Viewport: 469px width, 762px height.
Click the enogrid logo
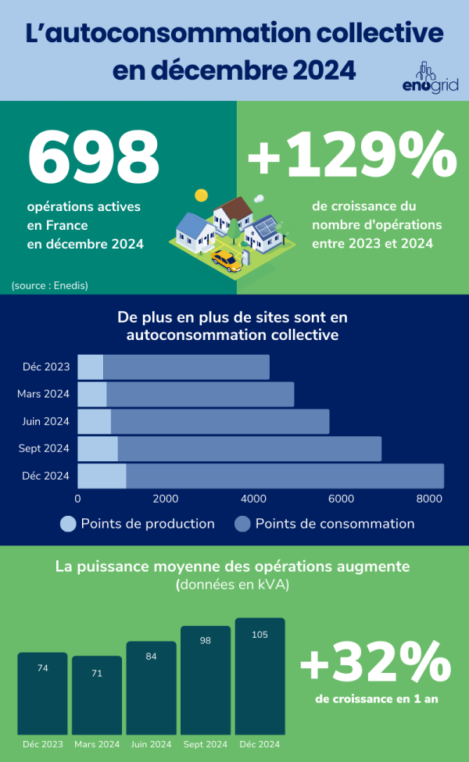coord(429,78)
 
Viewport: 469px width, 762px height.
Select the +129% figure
coord(352,157)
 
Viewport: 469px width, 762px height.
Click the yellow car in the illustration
coord(226,258)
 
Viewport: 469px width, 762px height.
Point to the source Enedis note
coord(50,285)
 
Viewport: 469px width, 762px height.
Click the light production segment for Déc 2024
coord(102,475)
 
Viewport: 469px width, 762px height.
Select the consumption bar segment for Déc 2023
coord(186,367)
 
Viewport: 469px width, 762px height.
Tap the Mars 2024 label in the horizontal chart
coord(44,394)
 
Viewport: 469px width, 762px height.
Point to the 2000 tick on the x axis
coord(166,499)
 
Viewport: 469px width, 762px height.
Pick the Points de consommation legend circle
coord(243,524)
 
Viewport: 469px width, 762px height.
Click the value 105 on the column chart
coord(260,635)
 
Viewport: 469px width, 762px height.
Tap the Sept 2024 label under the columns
coord(206,744)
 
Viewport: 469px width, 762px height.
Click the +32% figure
coord(375,665)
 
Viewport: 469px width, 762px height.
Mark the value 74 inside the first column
coord(43,668)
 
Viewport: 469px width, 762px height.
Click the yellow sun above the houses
coord(201,195)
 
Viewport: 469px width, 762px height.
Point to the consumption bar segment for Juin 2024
coord(220,421)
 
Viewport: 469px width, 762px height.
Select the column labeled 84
coord(151,688)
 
